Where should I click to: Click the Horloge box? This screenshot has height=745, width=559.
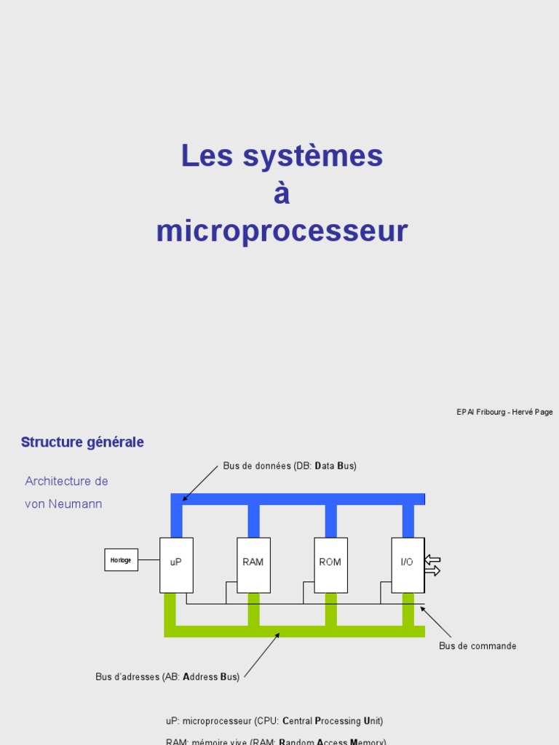click(x=121, y=559)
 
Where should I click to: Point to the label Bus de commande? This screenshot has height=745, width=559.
click(x=477, y=646)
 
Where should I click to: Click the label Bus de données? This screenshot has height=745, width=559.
click(x=290, y=466)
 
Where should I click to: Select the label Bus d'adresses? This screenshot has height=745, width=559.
click(x=167, y=677)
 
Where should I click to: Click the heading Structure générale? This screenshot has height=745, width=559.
click(x=82, y=442)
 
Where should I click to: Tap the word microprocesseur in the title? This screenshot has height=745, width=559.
click(x=282, y=231)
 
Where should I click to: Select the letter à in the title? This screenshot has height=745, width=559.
click(x=282, y=194)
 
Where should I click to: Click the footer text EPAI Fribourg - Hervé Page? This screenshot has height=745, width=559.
click(x=504, y=412)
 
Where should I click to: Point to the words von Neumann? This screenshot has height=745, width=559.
click(x=63, y=504)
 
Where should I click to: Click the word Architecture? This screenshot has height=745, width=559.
click(x=57, y=482)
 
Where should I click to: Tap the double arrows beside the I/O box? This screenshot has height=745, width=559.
click(x=432, y=565)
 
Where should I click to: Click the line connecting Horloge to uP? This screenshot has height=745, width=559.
click(x=148, y=559)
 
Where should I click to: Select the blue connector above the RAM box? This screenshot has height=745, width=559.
click(x=253, y=521)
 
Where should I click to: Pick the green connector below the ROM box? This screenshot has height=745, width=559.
click(x=330, y=609)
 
